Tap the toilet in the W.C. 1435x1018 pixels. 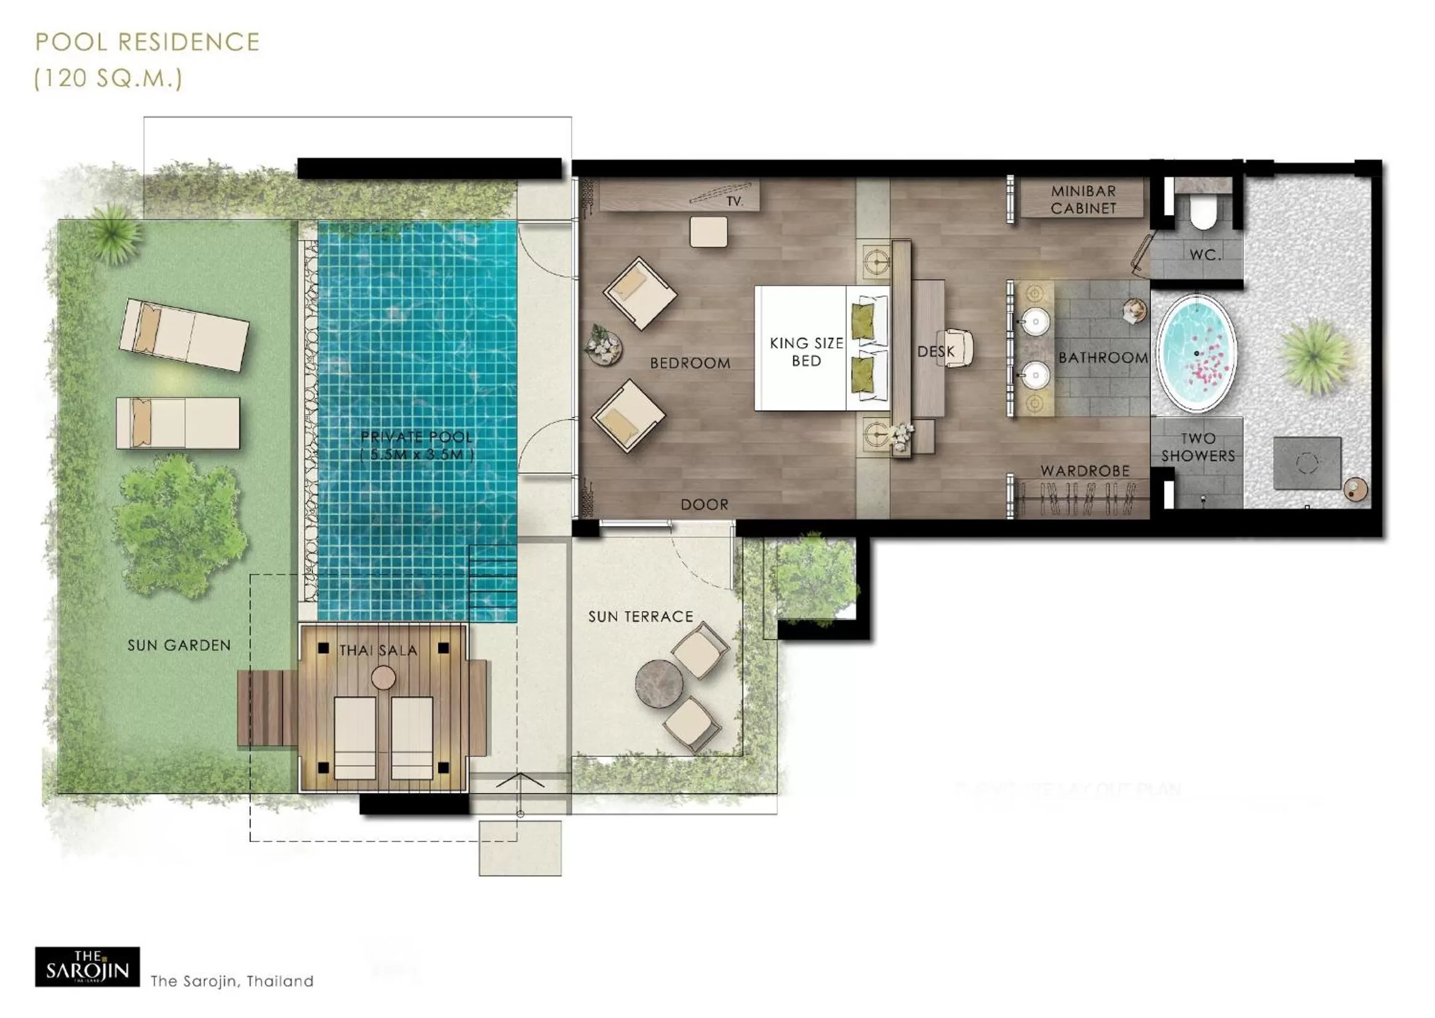click(1202, 212)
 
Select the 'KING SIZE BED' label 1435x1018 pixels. click(806, 351)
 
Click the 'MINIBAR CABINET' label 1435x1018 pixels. click(1083, 199)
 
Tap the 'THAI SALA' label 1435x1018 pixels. click(378, 651)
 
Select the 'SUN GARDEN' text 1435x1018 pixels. click(178, 645)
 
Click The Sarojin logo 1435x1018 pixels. click(87, 971)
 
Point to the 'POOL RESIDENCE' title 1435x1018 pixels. click(147, 42)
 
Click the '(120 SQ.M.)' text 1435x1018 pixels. click(108, 79)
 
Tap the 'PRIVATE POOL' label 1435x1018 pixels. click(417, 437)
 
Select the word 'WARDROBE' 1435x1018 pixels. click(1085, 471)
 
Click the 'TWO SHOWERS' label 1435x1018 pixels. click(1197, 447)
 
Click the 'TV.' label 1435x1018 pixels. click(734, 201)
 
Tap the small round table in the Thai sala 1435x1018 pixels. click(383, 678)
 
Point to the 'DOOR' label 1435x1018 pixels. click(705, 505)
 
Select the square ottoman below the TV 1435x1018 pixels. click(708, 232)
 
